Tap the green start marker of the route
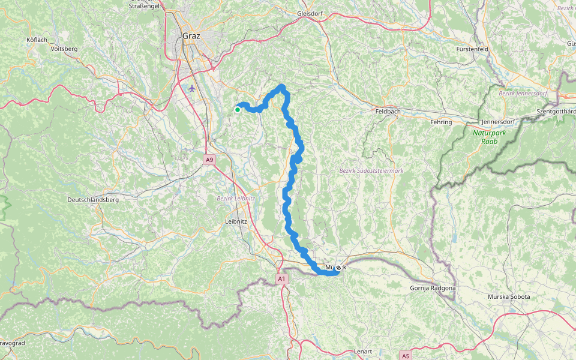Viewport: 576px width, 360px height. click(238, 110)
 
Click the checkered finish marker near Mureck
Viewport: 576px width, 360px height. click(338, 268)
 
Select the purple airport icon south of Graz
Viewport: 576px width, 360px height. click(192, 88)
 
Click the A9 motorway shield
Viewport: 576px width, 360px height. click(209, 160)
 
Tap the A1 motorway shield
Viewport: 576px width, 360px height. click(282, 279)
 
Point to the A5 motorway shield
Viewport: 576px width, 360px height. click(406, 356)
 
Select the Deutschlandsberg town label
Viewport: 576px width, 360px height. click(93, 199)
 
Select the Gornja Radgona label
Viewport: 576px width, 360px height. click(433, 288)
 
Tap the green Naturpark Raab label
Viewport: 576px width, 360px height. click(487, 137)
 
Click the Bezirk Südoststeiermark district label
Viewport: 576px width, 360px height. click(371, 170)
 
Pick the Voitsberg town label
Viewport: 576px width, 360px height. click(64, 48)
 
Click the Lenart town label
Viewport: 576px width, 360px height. click(363, 351)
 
